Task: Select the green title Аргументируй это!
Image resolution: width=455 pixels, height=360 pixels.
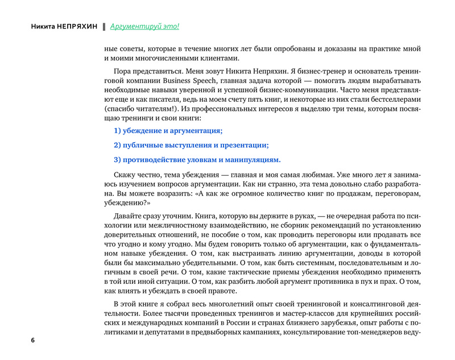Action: point(144,27)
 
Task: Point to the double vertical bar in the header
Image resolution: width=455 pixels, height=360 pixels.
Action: point(104,27)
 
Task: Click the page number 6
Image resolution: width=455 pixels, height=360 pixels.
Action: point(32,340)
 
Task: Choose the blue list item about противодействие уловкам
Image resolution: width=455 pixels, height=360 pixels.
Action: point(197,159)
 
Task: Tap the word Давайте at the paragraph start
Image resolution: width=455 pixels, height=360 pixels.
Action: point(129,216)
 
